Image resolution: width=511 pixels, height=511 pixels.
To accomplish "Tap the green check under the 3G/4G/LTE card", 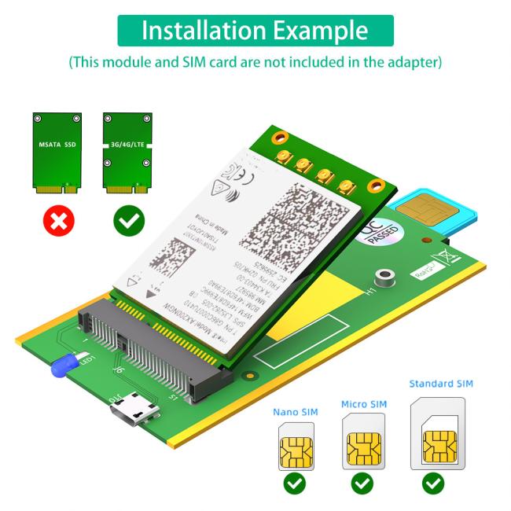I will tap(127, 221).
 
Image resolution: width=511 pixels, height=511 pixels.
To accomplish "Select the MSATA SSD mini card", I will tap(57, 153).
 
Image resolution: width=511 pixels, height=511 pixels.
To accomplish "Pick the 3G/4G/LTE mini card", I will tap(127, 153).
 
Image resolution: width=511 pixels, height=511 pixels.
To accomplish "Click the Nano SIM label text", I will tap(296, 411).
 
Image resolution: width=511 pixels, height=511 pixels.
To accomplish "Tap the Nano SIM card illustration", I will tap(295, 449).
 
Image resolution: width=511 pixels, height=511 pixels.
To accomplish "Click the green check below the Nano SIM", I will tap(295, 483).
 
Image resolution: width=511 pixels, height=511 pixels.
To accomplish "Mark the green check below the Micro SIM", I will tap(362, 483).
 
